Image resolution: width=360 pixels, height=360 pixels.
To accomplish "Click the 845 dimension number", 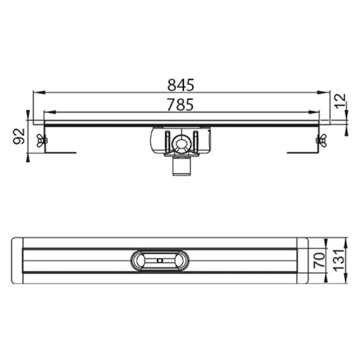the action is coord(181,85).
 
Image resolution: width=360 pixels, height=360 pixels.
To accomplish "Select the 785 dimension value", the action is coord(180,105).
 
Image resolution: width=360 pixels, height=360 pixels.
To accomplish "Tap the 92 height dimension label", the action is coord(19,136).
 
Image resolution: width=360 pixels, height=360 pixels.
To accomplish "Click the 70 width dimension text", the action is coord(319,260).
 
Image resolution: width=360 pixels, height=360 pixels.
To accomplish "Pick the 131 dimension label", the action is coord(339,260).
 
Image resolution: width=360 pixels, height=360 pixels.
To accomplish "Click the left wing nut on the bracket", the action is coord(41,141).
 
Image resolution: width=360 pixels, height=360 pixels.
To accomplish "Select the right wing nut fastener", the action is coord(321,140).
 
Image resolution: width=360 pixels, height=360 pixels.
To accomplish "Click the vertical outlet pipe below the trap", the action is coord(182,167).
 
